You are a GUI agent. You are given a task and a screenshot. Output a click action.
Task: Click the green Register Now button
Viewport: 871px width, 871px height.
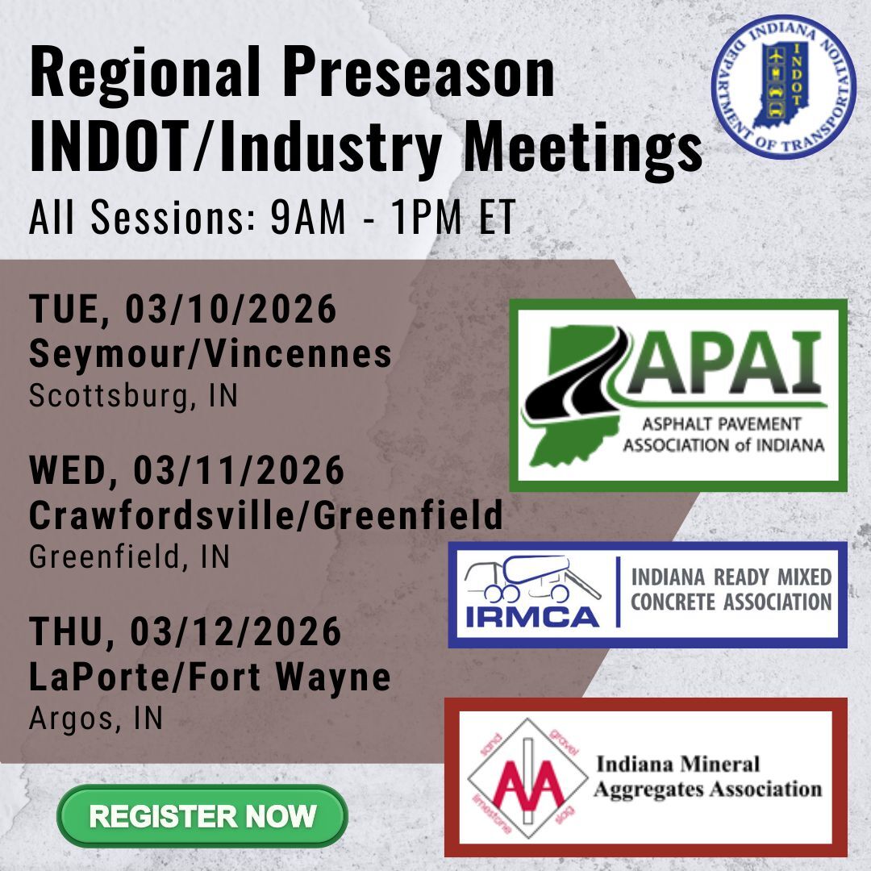pos(202,815)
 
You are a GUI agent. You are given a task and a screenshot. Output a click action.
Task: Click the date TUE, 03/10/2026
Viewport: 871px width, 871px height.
pos(182,310)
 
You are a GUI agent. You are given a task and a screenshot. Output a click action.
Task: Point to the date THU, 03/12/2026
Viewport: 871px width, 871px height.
pos(185,633)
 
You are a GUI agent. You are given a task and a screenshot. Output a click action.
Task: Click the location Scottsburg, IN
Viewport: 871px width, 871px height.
pos(133,397)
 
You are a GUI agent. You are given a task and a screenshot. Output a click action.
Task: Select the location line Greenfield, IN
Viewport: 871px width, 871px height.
pos(130,556)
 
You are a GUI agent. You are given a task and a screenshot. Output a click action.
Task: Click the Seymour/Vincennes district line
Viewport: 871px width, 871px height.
pos(210,353)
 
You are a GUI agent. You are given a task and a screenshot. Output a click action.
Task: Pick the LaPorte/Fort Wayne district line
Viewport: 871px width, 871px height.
pos(210,677)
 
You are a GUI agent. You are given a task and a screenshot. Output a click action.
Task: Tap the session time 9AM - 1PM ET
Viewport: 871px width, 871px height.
pos(393,219)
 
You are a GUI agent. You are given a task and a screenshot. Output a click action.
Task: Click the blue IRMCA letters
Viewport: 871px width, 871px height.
pos(532,618)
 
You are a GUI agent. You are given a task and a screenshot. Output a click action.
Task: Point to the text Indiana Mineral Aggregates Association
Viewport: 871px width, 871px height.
pos(706,776)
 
